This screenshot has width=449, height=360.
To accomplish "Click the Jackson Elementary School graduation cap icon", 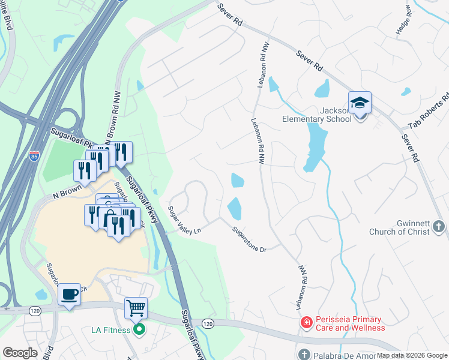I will [360, 103].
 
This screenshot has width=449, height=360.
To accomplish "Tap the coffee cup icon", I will [70, 294].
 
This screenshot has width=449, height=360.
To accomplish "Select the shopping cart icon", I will [136, 308].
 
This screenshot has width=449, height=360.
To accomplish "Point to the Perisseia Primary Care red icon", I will [306, 323].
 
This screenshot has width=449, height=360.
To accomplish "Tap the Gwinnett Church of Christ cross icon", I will [439, 227].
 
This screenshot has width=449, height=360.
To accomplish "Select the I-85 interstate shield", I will [34, 157].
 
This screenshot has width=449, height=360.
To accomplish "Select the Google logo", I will [20, 353].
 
